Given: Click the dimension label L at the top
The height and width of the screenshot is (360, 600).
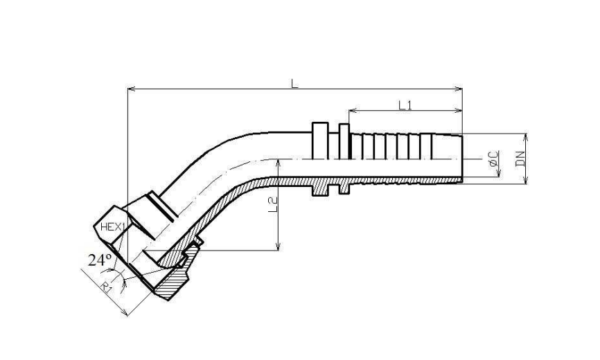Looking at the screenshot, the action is pos(294,83).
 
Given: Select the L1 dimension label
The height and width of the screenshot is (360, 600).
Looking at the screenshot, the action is pos(405,105).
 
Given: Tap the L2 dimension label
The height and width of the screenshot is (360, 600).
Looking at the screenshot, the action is pos(272,205).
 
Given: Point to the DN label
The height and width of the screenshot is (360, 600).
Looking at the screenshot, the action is pos(520,159).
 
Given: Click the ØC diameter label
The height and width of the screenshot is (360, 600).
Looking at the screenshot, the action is pos(493,159).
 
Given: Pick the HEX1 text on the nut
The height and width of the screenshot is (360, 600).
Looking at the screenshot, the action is pos(112,227).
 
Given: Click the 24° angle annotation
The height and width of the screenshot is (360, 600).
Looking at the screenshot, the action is pos(100,260).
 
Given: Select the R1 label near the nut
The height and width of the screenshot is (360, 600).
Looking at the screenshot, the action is pos(107,287).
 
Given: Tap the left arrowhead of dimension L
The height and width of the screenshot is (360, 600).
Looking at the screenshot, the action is pos(131,89).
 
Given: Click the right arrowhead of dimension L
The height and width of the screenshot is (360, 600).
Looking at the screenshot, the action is pos(459,89).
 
